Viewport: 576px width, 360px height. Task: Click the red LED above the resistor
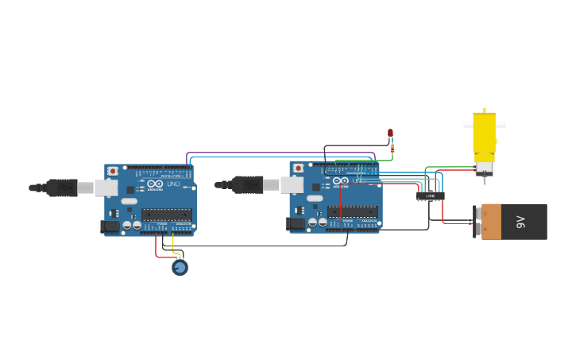click(x=390, y=134)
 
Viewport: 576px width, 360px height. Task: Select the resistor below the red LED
click(x=392, y=147)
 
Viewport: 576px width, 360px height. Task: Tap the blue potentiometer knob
click(x=180, y=268)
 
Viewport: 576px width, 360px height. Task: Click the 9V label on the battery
click(x=521, y=221)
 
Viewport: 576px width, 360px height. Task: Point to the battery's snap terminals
click(x=477, y=222)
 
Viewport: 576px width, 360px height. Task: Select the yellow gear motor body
click(x=484, y=136)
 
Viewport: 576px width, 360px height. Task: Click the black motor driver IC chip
click(x=431, y=195)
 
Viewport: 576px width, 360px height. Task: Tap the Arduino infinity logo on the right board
click(x=341, y=181)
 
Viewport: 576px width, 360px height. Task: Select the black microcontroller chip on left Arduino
click(x=167, y=215)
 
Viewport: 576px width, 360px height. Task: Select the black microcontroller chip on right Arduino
click(x=352, y=211)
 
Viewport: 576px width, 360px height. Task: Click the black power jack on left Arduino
click(x=111, y=226)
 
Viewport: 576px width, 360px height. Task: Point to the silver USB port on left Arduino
click(x=106, y=188)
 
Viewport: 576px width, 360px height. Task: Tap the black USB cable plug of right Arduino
click(x=248, y=184)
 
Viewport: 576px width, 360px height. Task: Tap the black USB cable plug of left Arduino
click(x=62, y=188)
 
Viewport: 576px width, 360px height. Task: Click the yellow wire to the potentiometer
click(x=174, y=246)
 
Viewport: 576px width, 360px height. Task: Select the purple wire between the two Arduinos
click(x=278, y=153)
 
